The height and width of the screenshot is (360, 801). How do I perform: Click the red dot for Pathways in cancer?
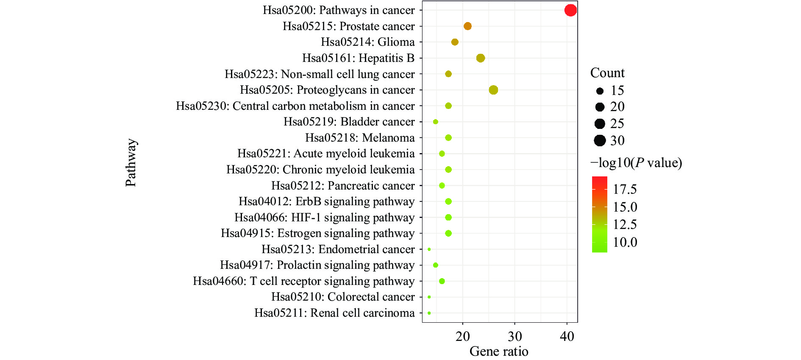click(x=570, y=10)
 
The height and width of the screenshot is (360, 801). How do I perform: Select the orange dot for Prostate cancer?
click(x=467, y=26)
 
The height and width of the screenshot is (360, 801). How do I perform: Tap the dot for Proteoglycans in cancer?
click(x=493, y=90)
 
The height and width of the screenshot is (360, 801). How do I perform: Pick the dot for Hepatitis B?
click(x=480, y=58)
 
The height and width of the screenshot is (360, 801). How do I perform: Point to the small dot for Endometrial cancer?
click(x=429, y=249)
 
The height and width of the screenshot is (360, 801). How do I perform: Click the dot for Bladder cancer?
click(x=435, y=122)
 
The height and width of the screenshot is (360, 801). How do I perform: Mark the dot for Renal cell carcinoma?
click(x=429, y=313)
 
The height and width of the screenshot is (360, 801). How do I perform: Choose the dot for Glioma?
click(x=455, y=42)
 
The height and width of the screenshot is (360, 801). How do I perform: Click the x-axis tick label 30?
click(x=515, y=337)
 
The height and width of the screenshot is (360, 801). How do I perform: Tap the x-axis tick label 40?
click(x=567, y=337)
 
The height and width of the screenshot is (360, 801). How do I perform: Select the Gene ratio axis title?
click(x=499, y=352)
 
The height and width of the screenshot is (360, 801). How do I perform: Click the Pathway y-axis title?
click(x=131, y=162)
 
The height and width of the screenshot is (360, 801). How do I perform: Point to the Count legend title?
click(x=607, y=73)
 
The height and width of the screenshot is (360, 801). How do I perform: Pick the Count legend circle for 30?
click(x=600, y=140)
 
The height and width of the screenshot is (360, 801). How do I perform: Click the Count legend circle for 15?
click(x=600, y=91)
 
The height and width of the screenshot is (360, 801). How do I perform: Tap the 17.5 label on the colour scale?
click(x=625, y=189)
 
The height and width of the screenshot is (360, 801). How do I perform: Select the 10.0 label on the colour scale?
click(x=625, y=242)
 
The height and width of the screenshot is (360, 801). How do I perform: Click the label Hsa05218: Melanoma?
click(x=360, y=138)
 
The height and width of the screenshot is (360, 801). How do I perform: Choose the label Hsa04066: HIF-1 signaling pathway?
click(x=325, y=218)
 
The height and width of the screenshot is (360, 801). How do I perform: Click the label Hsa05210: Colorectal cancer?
click(x=343, y=297)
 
